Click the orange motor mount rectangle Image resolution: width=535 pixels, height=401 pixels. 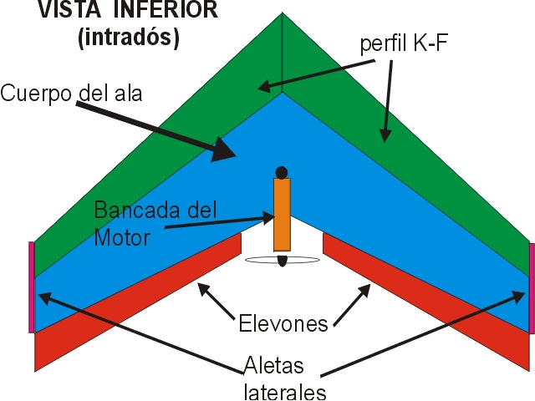coord(282,215)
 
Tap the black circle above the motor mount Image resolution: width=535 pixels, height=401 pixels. coord(282,173)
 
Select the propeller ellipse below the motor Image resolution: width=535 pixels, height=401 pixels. coord(283,260)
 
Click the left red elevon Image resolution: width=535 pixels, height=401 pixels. coord(138,302)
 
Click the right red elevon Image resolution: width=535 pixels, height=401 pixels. coord(426,302)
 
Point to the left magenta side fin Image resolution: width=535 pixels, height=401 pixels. coord(32,287)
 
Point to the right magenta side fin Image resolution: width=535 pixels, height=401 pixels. coord(532,288)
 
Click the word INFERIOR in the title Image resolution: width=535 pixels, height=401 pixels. coord(166,9)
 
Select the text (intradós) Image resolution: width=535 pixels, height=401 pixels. coord(129,37)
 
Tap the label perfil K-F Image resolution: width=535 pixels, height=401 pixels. coord(404,43)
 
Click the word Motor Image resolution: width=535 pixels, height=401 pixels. coord(122,237)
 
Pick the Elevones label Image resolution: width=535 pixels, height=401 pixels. coord(283,323)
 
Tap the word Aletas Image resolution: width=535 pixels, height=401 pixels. coord(273,365)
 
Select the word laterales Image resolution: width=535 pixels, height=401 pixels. coord(285,392)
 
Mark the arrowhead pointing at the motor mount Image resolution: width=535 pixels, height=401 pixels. coord(268,217)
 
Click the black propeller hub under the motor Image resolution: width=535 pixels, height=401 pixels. coord(283,261)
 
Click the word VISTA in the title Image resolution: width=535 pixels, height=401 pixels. coord(69,9)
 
